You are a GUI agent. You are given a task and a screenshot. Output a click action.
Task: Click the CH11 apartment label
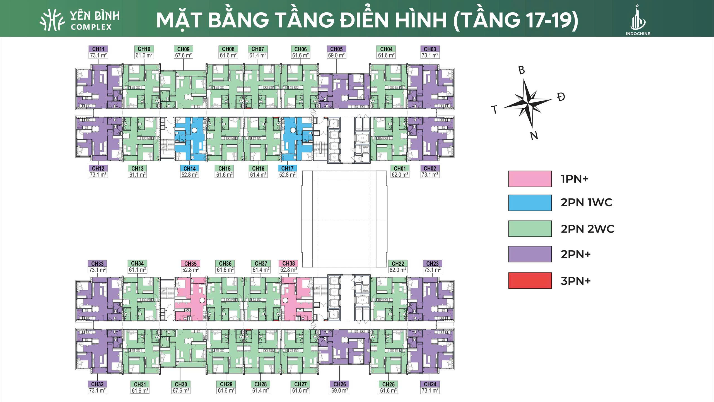point(98,52)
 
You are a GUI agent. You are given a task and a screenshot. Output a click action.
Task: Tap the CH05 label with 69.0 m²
point(336,52)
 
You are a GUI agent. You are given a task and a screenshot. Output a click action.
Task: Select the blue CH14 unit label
point(190,171)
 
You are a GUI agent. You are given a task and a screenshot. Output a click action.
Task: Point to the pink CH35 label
point(190,267)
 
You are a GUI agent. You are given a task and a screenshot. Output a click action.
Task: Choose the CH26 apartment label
point(340,387)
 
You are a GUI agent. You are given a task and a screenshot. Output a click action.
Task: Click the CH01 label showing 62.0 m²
point(400,171)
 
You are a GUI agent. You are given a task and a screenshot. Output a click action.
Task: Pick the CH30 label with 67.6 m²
point(181,387)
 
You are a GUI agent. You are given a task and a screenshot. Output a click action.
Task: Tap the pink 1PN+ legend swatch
point(530,179)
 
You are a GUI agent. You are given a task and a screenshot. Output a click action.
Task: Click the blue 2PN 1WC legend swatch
point(530,203)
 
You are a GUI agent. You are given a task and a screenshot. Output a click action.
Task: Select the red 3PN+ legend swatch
point(530,280)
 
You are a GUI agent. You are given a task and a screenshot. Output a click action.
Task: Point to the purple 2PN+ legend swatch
point(530,254)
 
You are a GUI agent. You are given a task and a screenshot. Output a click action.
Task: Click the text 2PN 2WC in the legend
point(588,229)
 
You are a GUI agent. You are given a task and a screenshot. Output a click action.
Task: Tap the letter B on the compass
point(522,70)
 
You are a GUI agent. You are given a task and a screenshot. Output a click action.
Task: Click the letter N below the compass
point(534,136)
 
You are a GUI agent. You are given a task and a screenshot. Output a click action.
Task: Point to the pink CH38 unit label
point(288,267)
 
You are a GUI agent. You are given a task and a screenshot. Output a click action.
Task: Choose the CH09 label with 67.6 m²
point(183,52)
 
